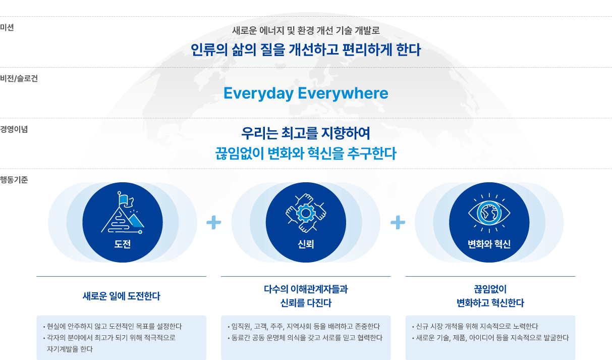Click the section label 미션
coord(7,27)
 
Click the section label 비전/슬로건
coord(19,78)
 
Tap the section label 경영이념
coord(14,129)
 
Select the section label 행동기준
coord(14,180)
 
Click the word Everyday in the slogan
coord(258,93)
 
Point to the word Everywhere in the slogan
coord(343,93)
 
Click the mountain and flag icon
coord(123,213)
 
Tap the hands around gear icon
coord(306,213)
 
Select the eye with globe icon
coord(489,213)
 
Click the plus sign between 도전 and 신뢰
coord(213,222)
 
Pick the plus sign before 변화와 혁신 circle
coord(398,222)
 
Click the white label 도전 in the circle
coord(123,244)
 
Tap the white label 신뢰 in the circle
coord(306,244)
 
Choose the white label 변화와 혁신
coord(489,244)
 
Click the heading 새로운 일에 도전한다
coord(122,296)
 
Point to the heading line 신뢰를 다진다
coord(306,303)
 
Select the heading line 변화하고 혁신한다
coord(490,303)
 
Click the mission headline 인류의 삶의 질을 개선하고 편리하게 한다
coord(306,50)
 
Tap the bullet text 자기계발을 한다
coord(70,349)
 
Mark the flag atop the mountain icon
coord(126,199)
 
